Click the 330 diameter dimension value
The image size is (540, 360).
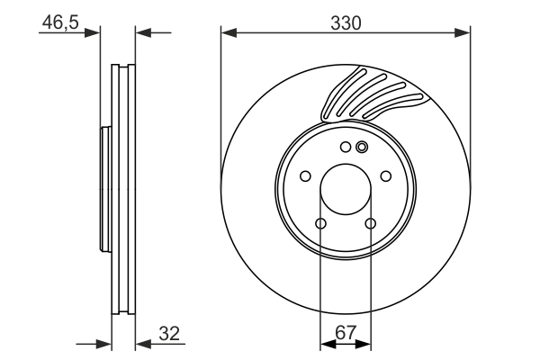[345, 23]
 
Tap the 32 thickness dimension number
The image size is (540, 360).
[168, 333]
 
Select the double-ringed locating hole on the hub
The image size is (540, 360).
[362, 148]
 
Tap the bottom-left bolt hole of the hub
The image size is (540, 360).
[320, 224]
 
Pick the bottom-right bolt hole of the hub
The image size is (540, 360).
[371, 224]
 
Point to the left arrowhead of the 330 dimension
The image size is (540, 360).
[228, 34]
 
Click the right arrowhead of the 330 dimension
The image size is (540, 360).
[463, 34]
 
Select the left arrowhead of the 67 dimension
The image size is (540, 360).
[327, 344]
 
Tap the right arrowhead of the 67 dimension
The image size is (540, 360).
[364, 344]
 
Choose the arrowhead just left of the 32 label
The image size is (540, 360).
[141, 344]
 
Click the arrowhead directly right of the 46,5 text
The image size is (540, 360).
[93, 34]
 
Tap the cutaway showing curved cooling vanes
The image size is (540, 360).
[369, 94]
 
